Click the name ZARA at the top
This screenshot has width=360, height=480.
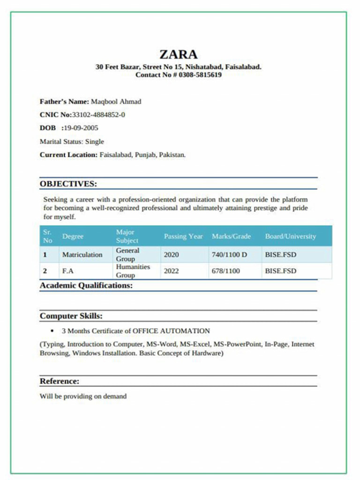click(178, 54)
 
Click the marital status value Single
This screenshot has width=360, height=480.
click(94, 142)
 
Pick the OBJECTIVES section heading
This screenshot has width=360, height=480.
click(68, 183)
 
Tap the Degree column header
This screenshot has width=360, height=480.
click(73, 237)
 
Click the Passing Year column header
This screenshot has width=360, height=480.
click(183, 237)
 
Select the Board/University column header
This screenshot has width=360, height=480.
click(290, 237)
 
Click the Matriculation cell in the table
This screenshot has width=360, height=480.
click(82, 255)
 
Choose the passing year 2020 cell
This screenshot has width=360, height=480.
click(171, 255)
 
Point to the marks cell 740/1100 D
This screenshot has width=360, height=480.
click(229, 255)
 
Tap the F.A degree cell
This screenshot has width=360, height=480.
click(67, 271)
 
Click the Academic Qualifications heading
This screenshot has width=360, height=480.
click(86, 285)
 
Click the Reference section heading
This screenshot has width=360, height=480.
click(60, 381)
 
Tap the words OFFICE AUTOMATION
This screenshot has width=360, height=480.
click(171, 331)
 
